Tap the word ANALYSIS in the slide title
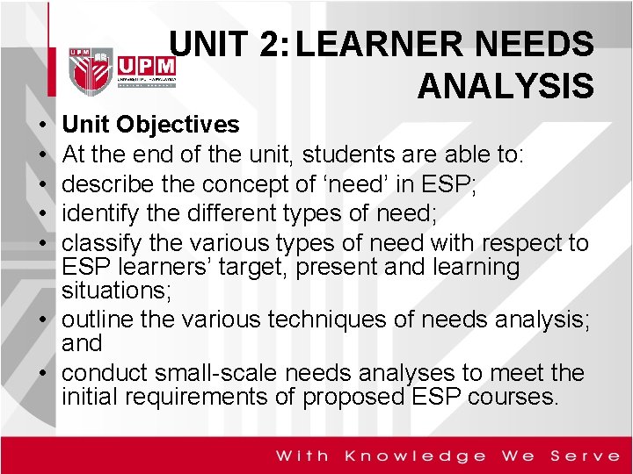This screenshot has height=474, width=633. pos(506,86)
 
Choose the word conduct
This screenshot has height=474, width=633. pos(103,373)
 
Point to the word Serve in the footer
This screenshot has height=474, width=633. pos(585,456)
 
